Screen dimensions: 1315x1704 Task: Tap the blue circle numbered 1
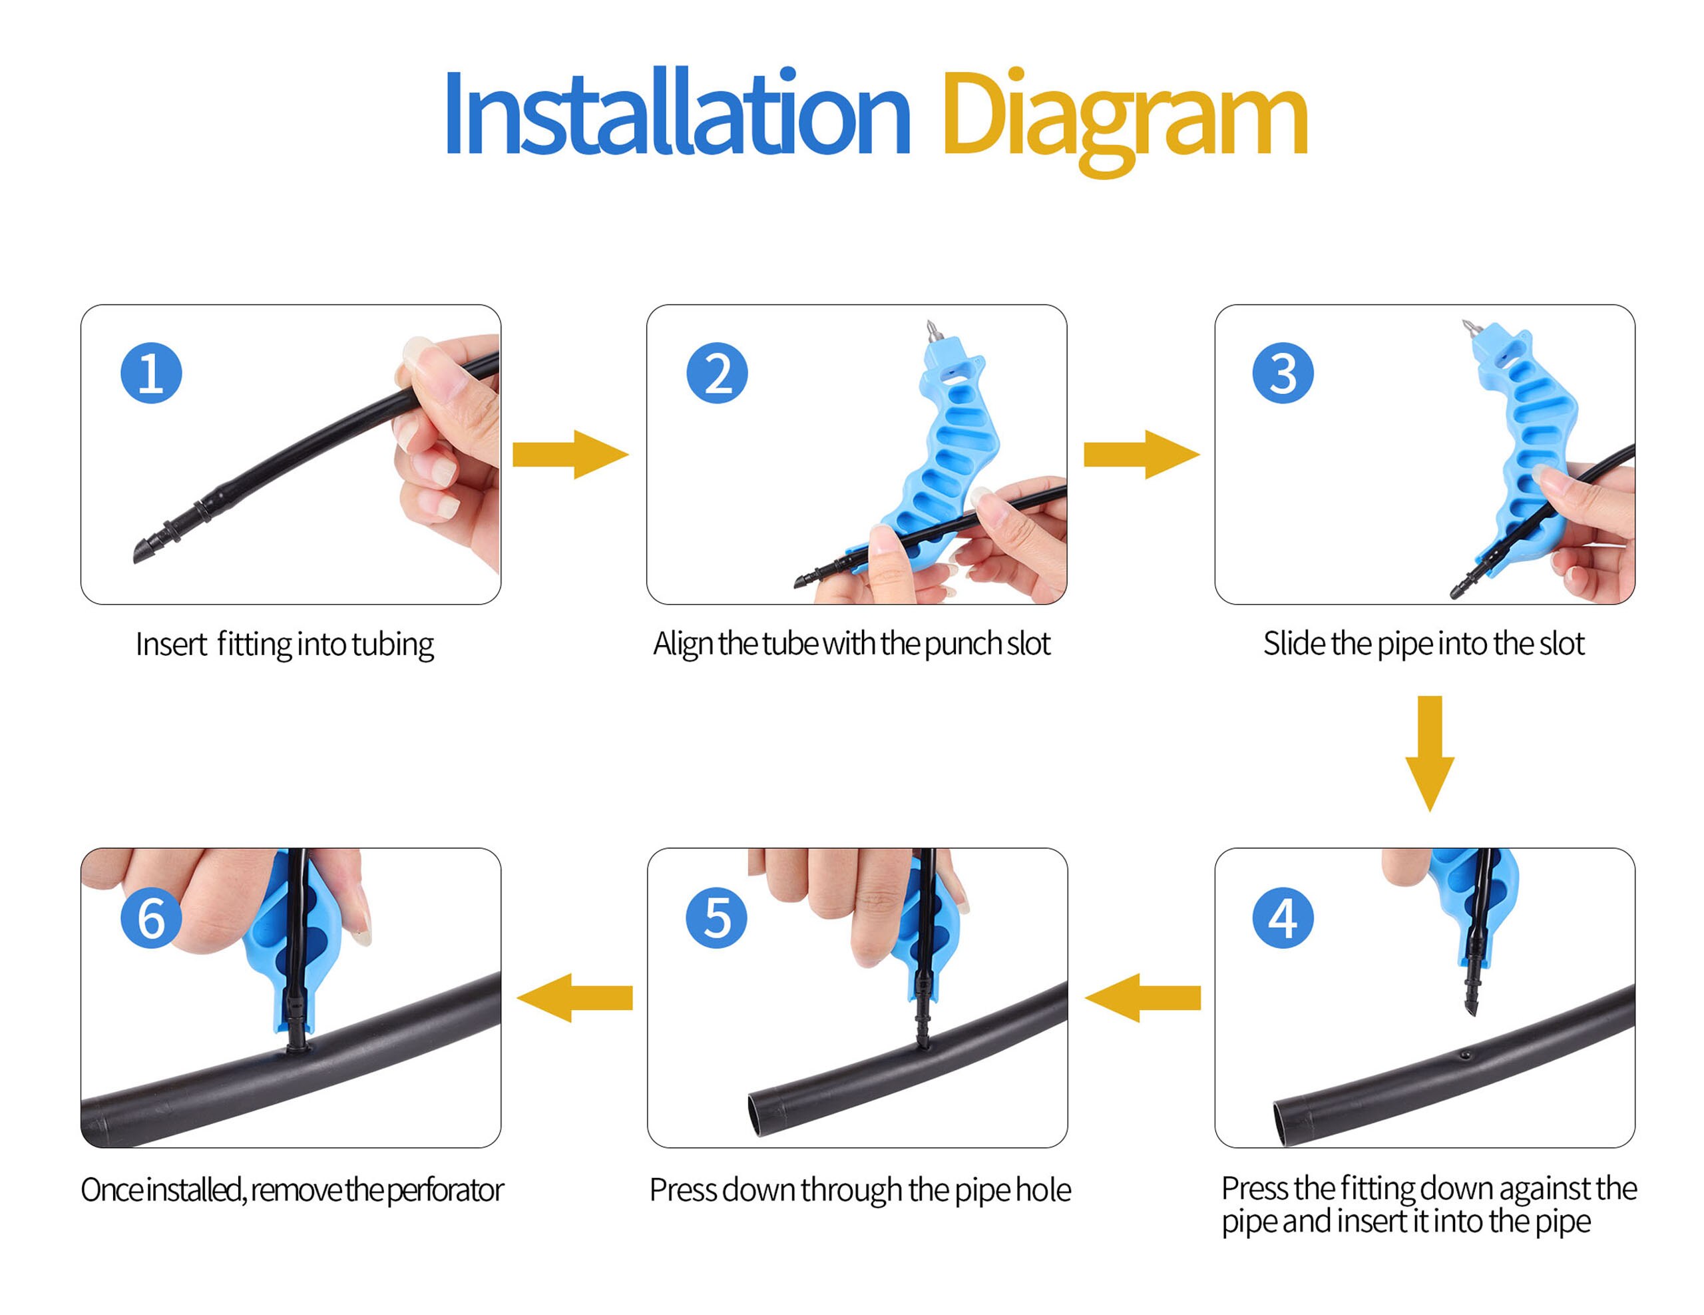151,373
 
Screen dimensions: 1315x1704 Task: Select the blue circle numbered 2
717,373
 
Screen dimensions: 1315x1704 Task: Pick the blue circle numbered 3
1283,373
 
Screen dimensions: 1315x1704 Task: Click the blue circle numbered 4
1283,918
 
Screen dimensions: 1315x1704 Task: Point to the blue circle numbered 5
716,918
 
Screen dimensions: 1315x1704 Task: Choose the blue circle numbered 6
151,918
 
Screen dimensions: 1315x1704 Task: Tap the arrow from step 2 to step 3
1142,454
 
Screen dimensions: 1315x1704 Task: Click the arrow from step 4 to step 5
1142,997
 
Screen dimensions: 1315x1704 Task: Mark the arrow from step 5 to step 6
575,997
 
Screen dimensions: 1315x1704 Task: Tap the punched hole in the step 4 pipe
1465,1055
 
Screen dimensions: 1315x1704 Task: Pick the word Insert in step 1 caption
171,645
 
